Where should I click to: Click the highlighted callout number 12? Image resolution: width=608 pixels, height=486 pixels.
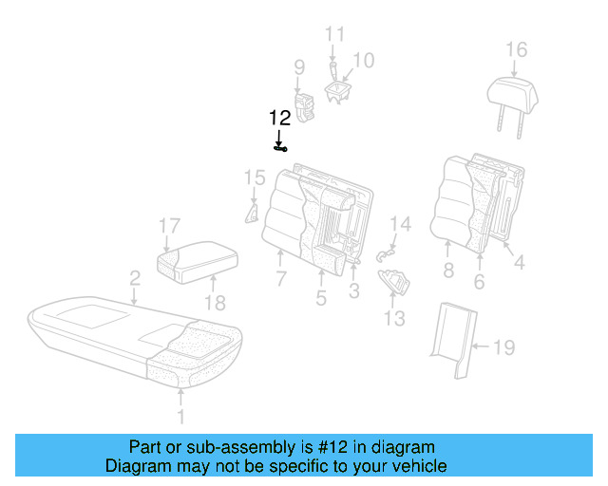click(279, 119)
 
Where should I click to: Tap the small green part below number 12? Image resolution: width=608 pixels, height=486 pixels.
click(280, 148)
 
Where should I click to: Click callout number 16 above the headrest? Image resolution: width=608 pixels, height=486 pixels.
click(515, 49)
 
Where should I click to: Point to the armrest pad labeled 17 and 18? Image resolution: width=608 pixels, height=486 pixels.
click(198, 259)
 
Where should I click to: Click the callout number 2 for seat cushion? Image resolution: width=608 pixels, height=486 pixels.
click(135, 277)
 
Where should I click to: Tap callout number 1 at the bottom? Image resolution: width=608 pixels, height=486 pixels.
click(182, 416)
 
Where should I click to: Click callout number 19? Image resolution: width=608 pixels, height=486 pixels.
click(503, 348)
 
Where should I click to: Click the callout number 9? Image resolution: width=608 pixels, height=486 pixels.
click(298, 67)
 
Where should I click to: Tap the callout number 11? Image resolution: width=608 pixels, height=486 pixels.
click(334, 35)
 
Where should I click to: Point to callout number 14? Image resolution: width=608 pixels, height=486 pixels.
click(401, 225)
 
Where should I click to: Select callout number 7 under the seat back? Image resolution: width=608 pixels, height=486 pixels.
click(281, 279)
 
